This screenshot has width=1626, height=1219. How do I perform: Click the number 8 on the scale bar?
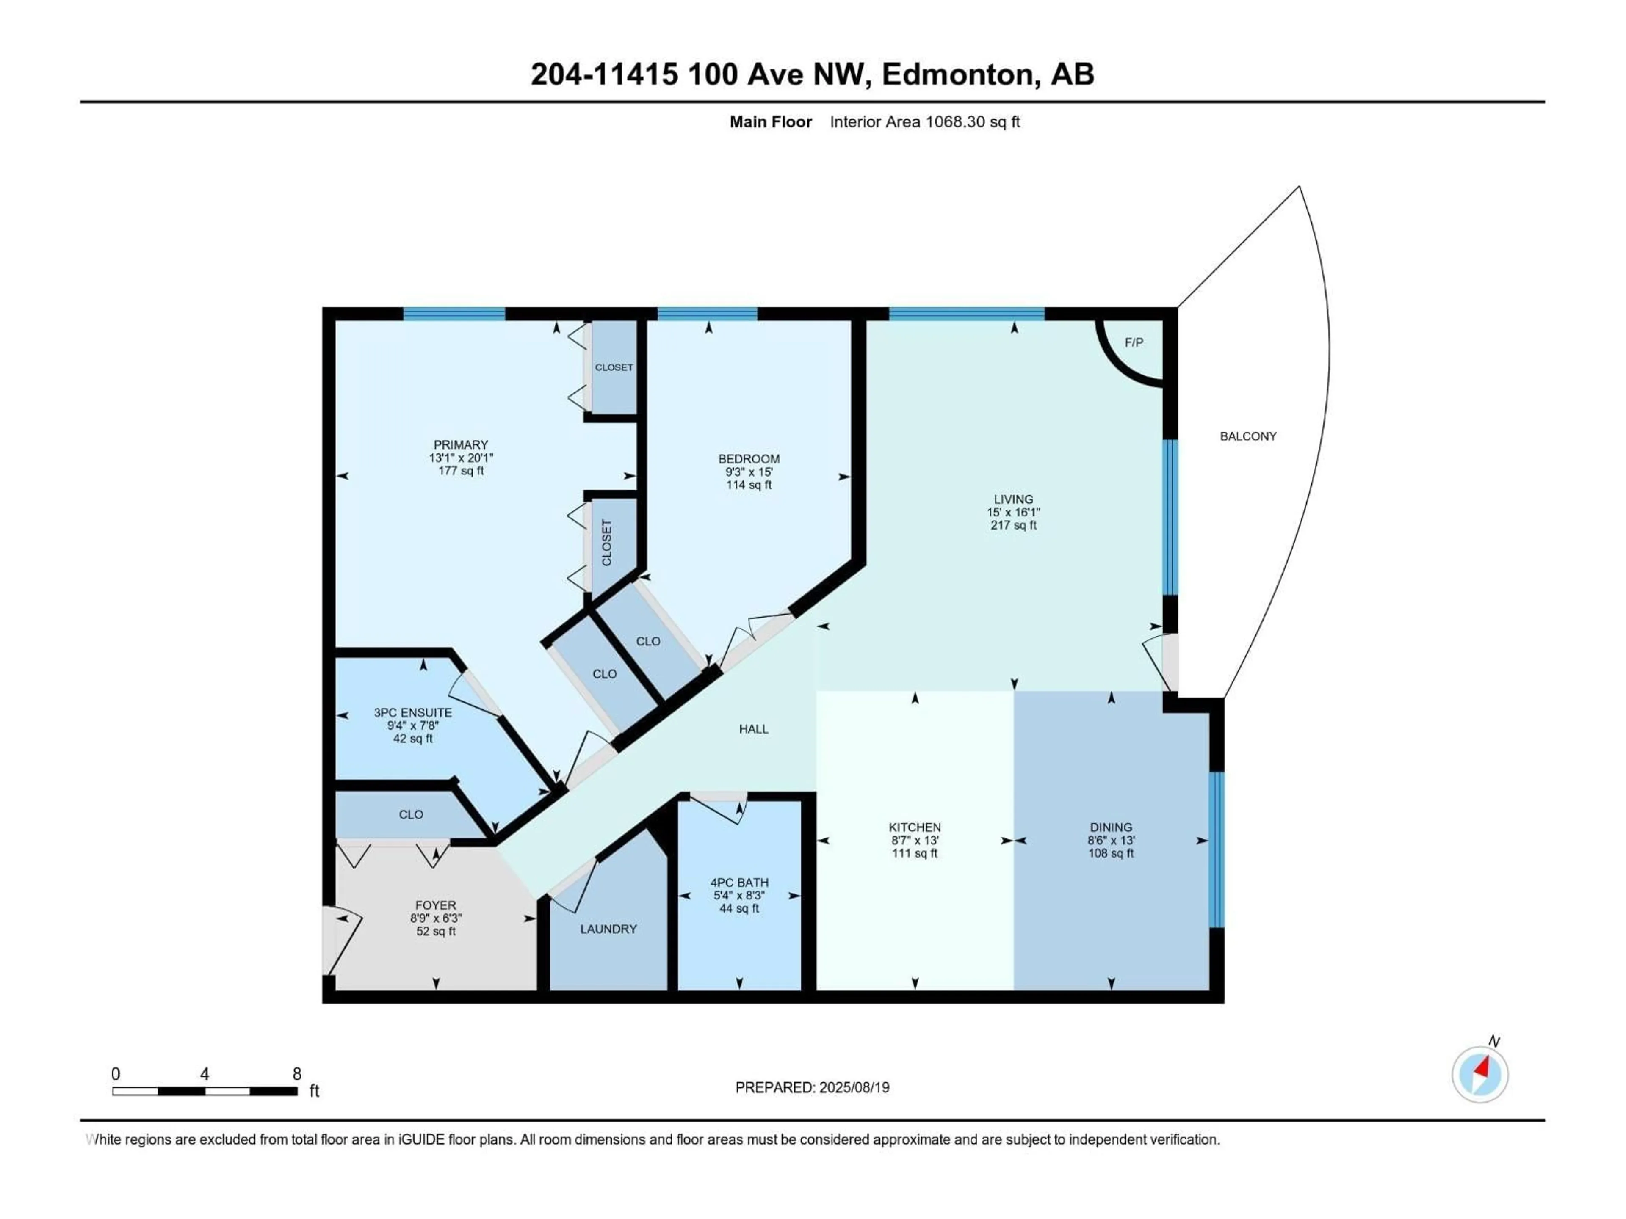[296, 1073]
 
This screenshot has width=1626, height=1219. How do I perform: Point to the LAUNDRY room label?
[608, 929]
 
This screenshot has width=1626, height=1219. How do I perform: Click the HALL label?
[753, 729]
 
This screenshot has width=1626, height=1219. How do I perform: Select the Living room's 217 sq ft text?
[1013, 525]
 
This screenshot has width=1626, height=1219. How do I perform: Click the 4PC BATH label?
[739, 883]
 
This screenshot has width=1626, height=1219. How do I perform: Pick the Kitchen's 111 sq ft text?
[915, 853]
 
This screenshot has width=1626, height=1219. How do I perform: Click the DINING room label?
[1111, 827]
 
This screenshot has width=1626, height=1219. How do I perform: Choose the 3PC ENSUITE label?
[412, 713]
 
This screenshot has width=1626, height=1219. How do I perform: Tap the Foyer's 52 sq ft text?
[436, 931]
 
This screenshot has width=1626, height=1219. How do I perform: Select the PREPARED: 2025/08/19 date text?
[812, 1087]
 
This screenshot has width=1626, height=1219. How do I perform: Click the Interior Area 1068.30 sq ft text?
[925, 122]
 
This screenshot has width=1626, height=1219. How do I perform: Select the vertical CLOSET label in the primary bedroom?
[606, 543]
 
